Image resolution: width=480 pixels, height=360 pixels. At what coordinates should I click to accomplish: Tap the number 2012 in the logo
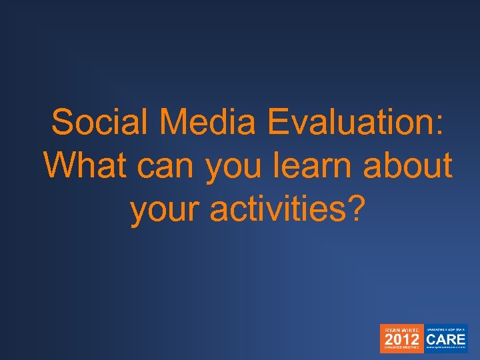coord(400,339)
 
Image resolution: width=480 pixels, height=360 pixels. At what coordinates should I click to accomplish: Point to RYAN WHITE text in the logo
coord(400,329)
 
